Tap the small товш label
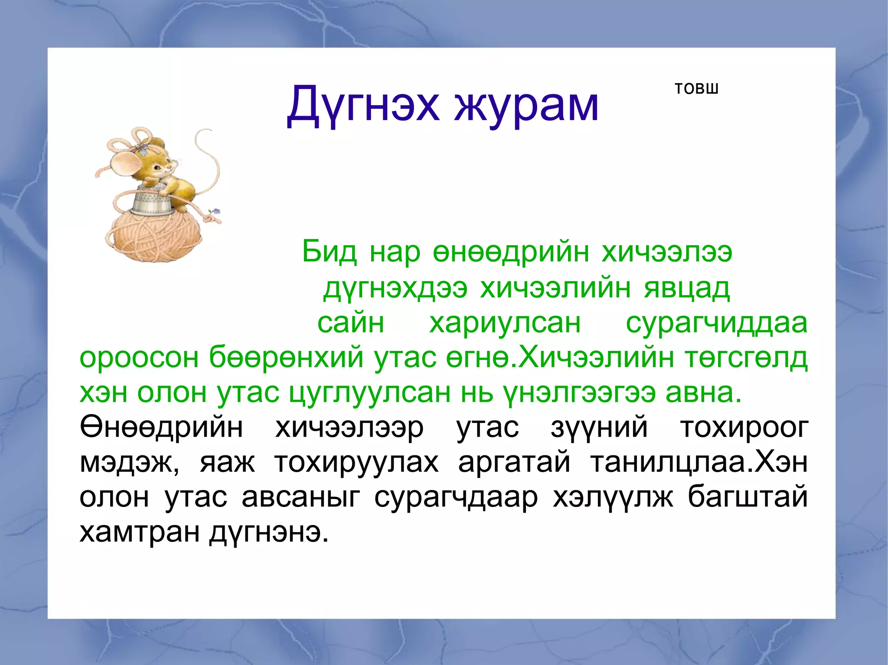tap(696, 89)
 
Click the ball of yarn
tap(154, 238)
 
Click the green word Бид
tap(329, 252)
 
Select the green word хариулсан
tap(505, 323)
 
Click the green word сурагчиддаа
tap(716, 323)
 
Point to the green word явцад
tap(687, 288)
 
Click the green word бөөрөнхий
tap(286, 358)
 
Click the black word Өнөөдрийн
tap(161, 428)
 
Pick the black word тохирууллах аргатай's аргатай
tap(514, 463)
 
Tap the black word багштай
tap(748, 497)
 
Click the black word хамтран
tap(138, 532)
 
